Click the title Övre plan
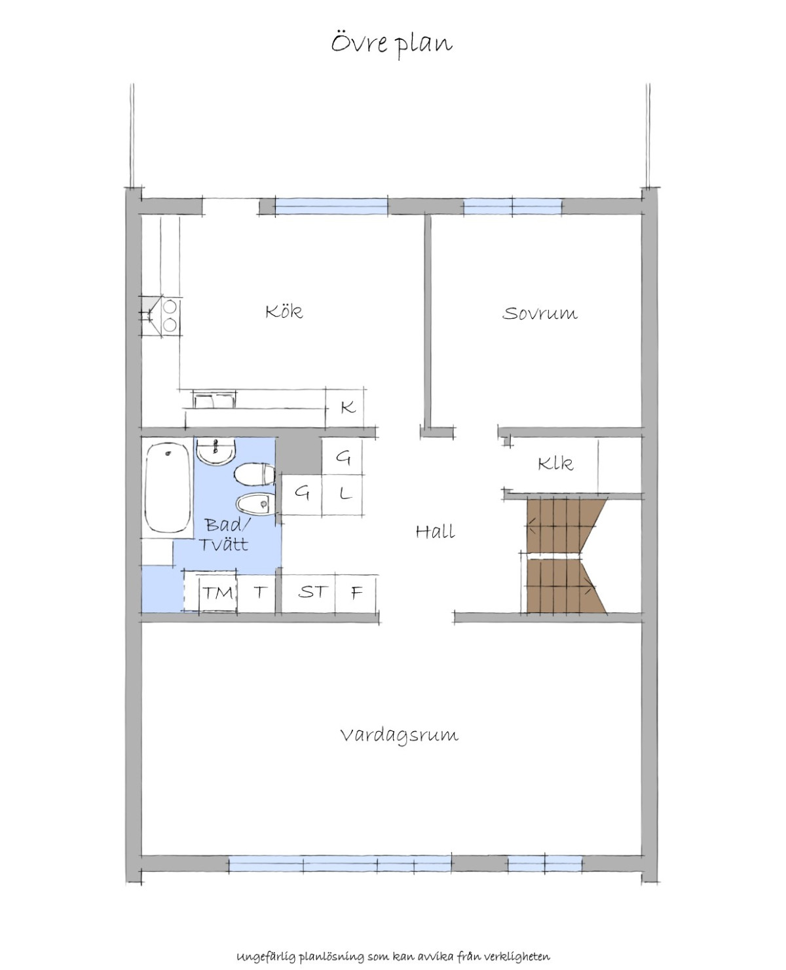tap(392, 45)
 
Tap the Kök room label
tap(284, 311)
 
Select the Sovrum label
tap(540, 313)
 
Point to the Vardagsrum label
tap(400, 736)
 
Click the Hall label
tap(436, 531)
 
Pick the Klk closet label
tap(555, 464)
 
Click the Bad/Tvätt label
tap(225, 534)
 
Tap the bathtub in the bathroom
tap(168, 487)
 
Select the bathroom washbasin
tap(216, 451)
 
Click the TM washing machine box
tap(218, 593)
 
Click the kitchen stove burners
tap(170, 316)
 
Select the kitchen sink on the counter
tap(214, 400)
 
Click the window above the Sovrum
tap(513, 206)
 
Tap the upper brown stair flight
tap(565, 525)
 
